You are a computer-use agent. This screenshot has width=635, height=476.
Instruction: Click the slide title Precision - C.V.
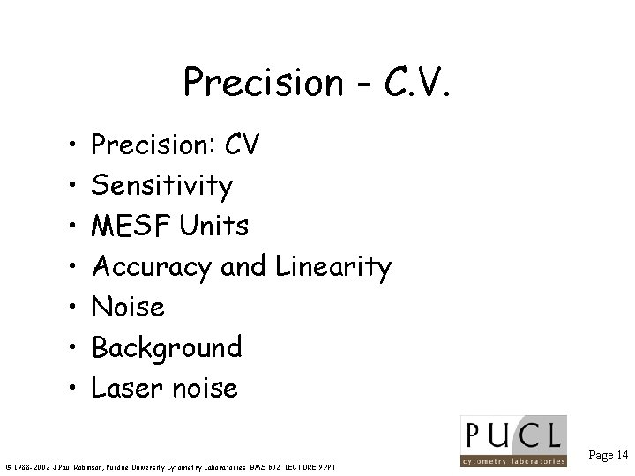(317, 83)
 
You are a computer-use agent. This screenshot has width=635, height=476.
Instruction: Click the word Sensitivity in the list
(162, 185)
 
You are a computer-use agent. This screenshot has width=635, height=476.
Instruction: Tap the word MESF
(132, 226)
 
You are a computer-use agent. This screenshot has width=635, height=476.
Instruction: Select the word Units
(215, 226)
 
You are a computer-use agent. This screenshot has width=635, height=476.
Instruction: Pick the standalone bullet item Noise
(128, 307)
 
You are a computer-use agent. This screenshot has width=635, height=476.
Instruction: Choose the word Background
(167, 348)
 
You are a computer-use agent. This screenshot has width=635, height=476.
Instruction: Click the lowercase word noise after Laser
(206, 389)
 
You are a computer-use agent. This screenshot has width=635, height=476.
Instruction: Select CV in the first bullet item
(241, 145)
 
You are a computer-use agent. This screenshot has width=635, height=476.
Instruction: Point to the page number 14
(623, 455)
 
